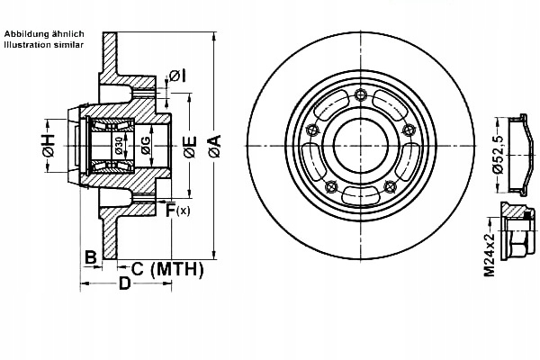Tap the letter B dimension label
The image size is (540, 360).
pos(90,257)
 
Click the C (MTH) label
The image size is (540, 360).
pos(167,268)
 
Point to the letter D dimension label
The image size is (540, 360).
pos(125,284)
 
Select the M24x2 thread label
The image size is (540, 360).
pos(489,253)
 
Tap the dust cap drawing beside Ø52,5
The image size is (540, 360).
pos(518,155)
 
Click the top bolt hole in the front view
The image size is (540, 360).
pos(361,96)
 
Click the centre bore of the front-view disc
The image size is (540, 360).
pos(361,144)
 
